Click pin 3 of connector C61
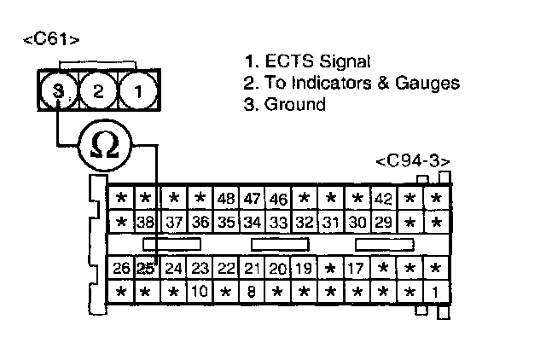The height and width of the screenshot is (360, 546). click(x=57, y=90)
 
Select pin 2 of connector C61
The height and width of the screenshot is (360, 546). click(x=97, y=90)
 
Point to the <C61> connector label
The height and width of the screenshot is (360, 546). click(x=52, y=39)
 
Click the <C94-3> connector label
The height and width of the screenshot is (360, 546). click(x=413, y=161)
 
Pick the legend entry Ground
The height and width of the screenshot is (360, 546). click(x=284, y=105)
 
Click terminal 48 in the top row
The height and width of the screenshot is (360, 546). click(x=226, y=200)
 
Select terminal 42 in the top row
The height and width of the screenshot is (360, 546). click(x=383, y=200)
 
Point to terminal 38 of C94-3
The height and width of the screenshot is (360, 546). click(x=146, y=223)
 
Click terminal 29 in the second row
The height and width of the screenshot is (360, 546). click(x=383, y=223)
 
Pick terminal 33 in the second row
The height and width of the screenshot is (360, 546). click(x=278, y=223)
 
